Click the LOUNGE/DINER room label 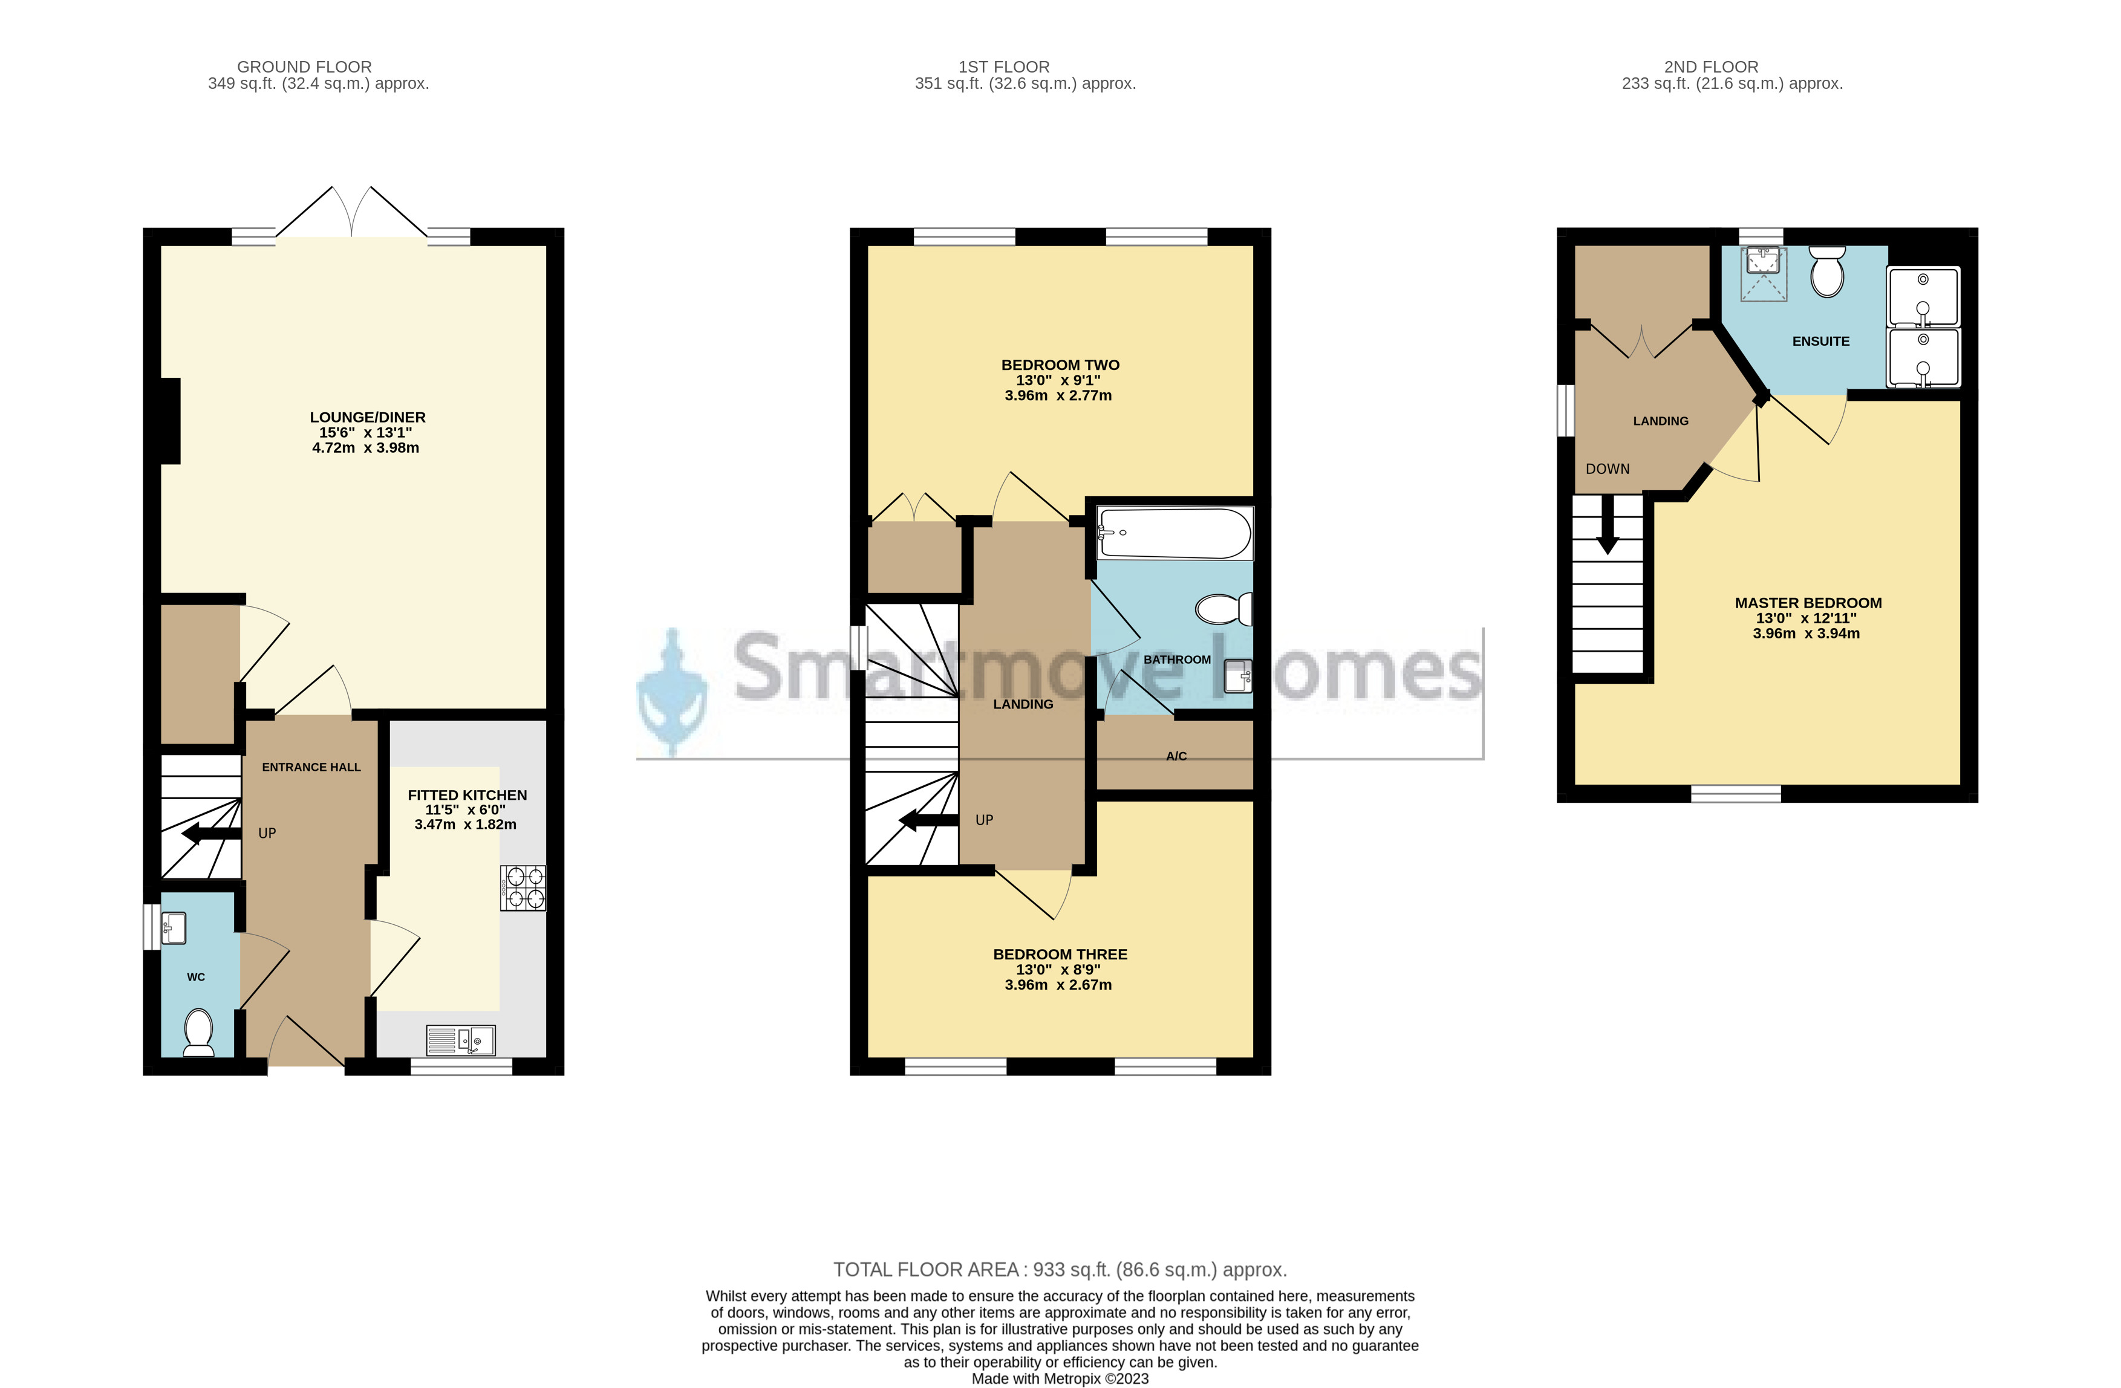coord(367,417)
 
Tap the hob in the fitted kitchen coord(523,887)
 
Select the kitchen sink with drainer coord(461,1040)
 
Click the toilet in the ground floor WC coord(198,1032)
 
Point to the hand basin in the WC coord(173,929)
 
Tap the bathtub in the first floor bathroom coord(1175,533)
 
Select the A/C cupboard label coord(1176,756)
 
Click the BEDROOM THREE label coord(1060,954)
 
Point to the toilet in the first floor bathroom coord(1223,610)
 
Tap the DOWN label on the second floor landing coord(1607,469)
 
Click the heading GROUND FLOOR coord(304,67)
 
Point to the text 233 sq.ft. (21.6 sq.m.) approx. coord(1732,84)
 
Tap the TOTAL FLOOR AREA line coord(1060,1270)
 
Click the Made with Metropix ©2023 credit coord(1060,1378)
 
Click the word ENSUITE coord(1820,341)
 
